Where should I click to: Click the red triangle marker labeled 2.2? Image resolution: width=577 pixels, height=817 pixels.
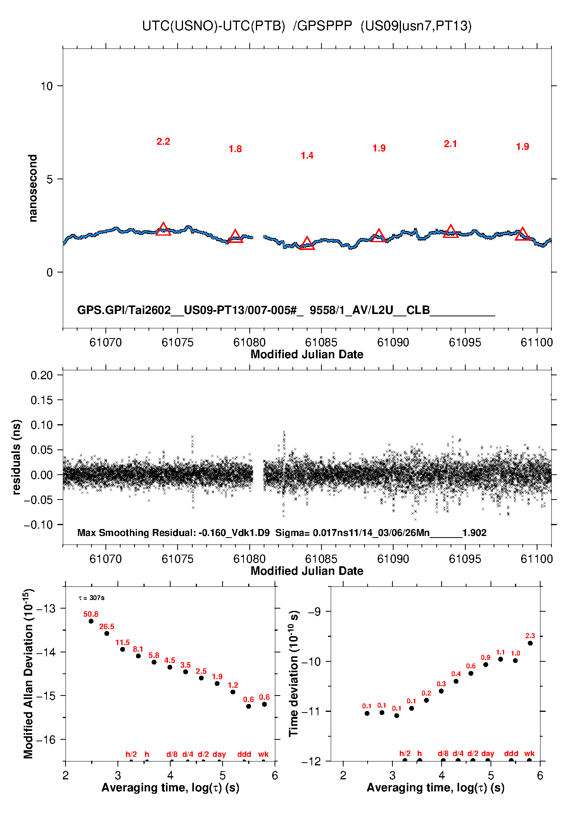click(x=163, y=230)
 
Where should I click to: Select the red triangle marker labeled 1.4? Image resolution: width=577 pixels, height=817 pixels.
click(x=307, y=244)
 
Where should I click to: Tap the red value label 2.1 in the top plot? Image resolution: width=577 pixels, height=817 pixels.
click(x=450, y=144)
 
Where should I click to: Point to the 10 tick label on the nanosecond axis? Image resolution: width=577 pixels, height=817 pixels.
click(x=47, y=86)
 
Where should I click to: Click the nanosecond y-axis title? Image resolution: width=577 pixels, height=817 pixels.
click(x=33, y=188)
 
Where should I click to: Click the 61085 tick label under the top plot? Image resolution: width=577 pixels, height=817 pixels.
click(x=321, y=342)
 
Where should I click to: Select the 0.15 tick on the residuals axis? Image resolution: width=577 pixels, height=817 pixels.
click(x=41, y=400)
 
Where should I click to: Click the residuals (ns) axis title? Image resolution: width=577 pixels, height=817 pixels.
click(x=16, y=457)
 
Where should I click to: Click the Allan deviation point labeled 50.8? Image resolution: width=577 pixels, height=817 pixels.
click(x=91, y=621)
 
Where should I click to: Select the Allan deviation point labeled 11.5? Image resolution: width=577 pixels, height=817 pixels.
click(x=123, y=649)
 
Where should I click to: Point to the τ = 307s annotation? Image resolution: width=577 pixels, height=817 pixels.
click(x=92, y=598)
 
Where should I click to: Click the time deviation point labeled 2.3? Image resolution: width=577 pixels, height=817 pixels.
click(x=530, y=643)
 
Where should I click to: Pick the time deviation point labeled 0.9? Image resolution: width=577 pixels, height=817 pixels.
click(x=485, y=664)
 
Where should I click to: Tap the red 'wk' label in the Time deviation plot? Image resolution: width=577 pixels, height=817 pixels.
click(x=529, y=753)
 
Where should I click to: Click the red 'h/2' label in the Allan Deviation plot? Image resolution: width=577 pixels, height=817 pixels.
click(x=131, y=754)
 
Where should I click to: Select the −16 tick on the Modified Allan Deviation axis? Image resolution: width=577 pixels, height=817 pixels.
click(x=45, y=740)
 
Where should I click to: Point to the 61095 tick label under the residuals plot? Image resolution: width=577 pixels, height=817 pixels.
click(x=465, y=559)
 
